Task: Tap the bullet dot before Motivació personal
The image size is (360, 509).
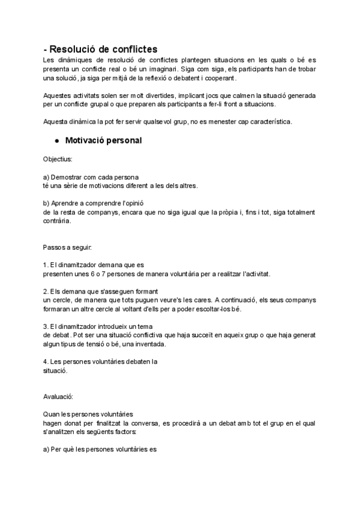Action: pos(56,140)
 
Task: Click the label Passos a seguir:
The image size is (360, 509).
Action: pos(67,247)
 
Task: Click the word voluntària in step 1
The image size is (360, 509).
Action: pos(208,273)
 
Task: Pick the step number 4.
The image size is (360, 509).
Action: pos(46,361)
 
